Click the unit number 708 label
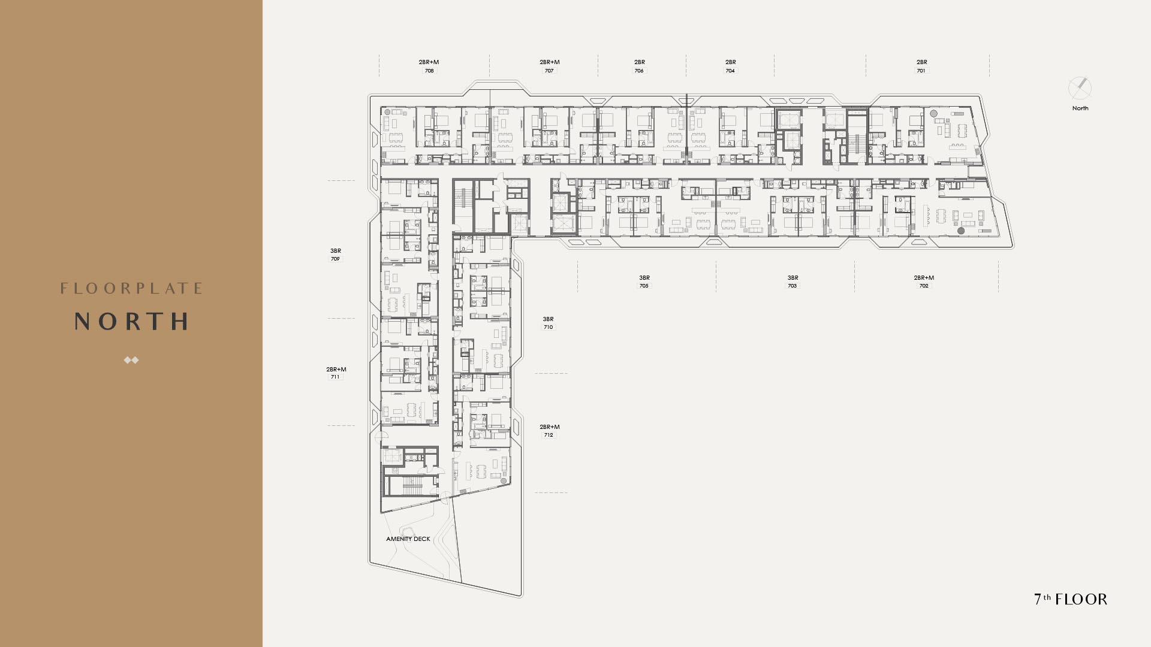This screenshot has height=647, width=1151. point(429,71)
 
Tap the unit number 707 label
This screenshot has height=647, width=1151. point(549,71)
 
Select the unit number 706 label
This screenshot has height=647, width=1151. point(639,71)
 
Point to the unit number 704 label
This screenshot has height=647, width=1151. point(730,71)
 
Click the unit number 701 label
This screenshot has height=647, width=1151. point(921,71)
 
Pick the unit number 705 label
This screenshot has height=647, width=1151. point(644,286)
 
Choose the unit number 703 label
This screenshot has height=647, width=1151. point(793,286)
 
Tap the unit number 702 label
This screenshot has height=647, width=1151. point(924,286)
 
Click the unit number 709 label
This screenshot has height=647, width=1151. point(335,259)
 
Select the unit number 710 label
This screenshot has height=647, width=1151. point(548,327)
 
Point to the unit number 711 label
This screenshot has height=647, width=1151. point(335,377)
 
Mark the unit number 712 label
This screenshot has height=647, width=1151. point(549,435)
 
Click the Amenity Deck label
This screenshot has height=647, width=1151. point(408,539)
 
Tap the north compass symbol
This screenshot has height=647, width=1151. point(1080,89)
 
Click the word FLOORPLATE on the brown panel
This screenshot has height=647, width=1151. point(131,289)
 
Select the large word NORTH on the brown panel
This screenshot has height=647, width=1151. point(131,322)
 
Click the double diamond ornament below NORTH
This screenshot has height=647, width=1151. point(131,360)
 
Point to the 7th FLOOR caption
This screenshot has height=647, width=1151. point(1071,599)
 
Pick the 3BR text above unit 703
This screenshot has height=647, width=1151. point(793,278)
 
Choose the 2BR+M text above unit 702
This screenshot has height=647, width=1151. point(924,278)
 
